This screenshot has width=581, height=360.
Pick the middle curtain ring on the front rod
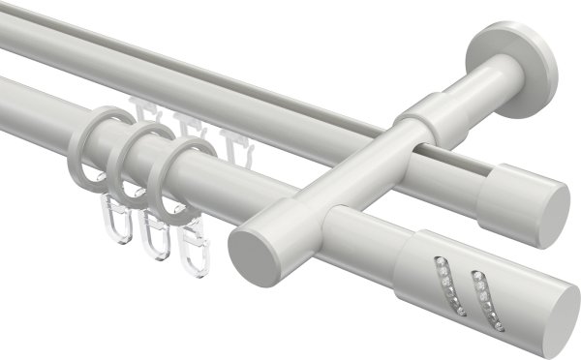(x=131, y=165)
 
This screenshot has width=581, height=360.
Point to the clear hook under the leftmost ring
(x=113, y=222)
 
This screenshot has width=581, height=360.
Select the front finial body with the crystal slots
(x=465, y=281)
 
